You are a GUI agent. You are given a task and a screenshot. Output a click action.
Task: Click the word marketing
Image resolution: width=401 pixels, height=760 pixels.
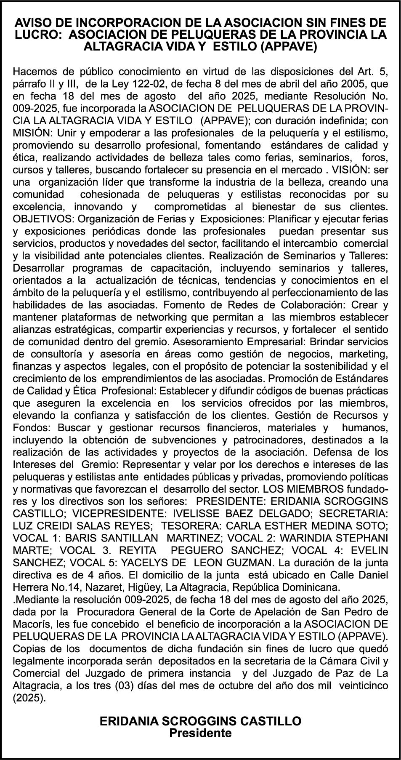point(359,353)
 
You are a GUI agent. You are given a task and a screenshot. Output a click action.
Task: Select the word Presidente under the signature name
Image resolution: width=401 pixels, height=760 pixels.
point(200,733)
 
